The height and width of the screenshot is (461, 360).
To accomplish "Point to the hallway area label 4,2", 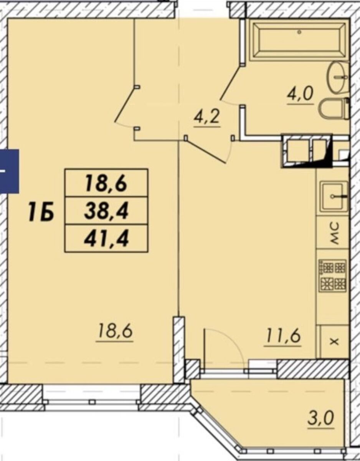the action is (x=207, y=118).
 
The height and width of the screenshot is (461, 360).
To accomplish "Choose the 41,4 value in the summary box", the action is (x=106, y=239).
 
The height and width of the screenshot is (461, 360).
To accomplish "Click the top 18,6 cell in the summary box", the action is (x=106, y=183).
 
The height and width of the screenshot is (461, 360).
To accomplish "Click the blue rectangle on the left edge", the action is (x=9, y=171).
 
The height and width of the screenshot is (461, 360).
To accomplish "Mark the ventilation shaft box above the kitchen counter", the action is (x=306, y=151).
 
